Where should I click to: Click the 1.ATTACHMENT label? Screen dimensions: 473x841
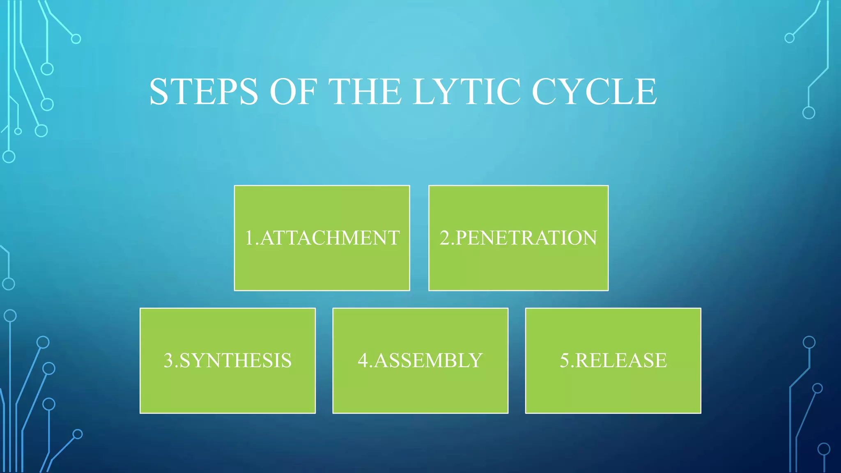point(322,238)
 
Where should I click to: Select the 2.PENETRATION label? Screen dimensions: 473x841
point(518,238)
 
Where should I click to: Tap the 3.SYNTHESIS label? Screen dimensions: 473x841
point(227,360)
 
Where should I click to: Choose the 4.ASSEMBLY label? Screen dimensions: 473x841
point(420,360)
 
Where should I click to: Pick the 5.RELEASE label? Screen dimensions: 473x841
point(613,360)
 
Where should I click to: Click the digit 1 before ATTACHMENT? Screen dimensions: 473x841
point(249,238)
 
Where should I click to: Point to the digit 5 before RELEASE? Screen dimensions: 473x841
point(565,360)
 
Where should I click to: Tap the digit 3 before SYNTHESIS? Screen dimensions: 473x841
point(168,360)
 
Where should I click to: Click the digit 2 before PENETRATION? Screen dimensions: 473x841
point(445,238)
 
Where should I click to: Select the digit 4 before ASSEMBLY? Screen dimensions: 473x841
point(363,360)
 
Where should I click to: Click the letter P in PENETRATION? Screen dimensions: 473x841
point(462,238)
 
